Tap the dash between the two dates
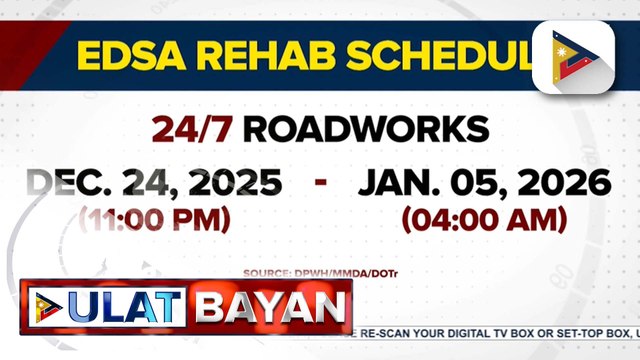point(321,183)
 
